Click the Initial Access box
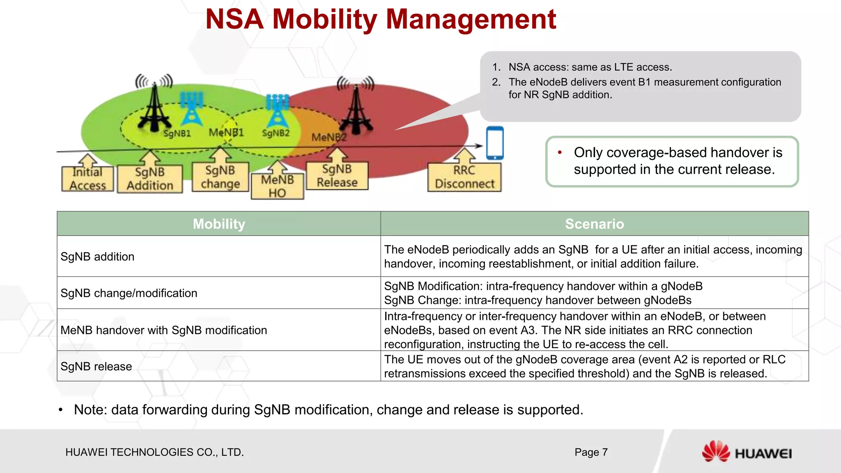click(x=87, y=179)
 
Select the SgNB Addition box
click(x=150, y=179)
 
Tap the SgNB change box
click(x=220, y=177)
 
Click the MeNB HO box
click(x=278, y=186)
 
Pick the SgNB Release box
click(x=337, y=176)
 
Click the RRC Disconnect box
click(x=464, y=177)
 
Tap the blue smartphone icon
click(x=495, y=143)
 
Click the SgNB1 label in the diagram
click(x=177, y=133)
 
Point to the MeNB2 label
click(x=329, y=137)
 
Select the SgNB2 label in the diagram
click(x=276, y=133)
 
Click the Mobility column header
click(x=219, y=224)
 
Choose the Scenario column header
click(x=594, y=224)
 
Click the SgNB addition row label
click(x=97, y=257)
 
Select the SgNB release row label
click(x=96, y=366)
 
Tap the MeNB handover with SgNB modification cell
click(x=163, y=330)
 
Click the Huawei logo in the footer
click(x=747, y=452)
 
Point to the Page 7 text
click(x=591, y=452)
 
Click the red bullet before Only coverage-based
click(x=560, y=153)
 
